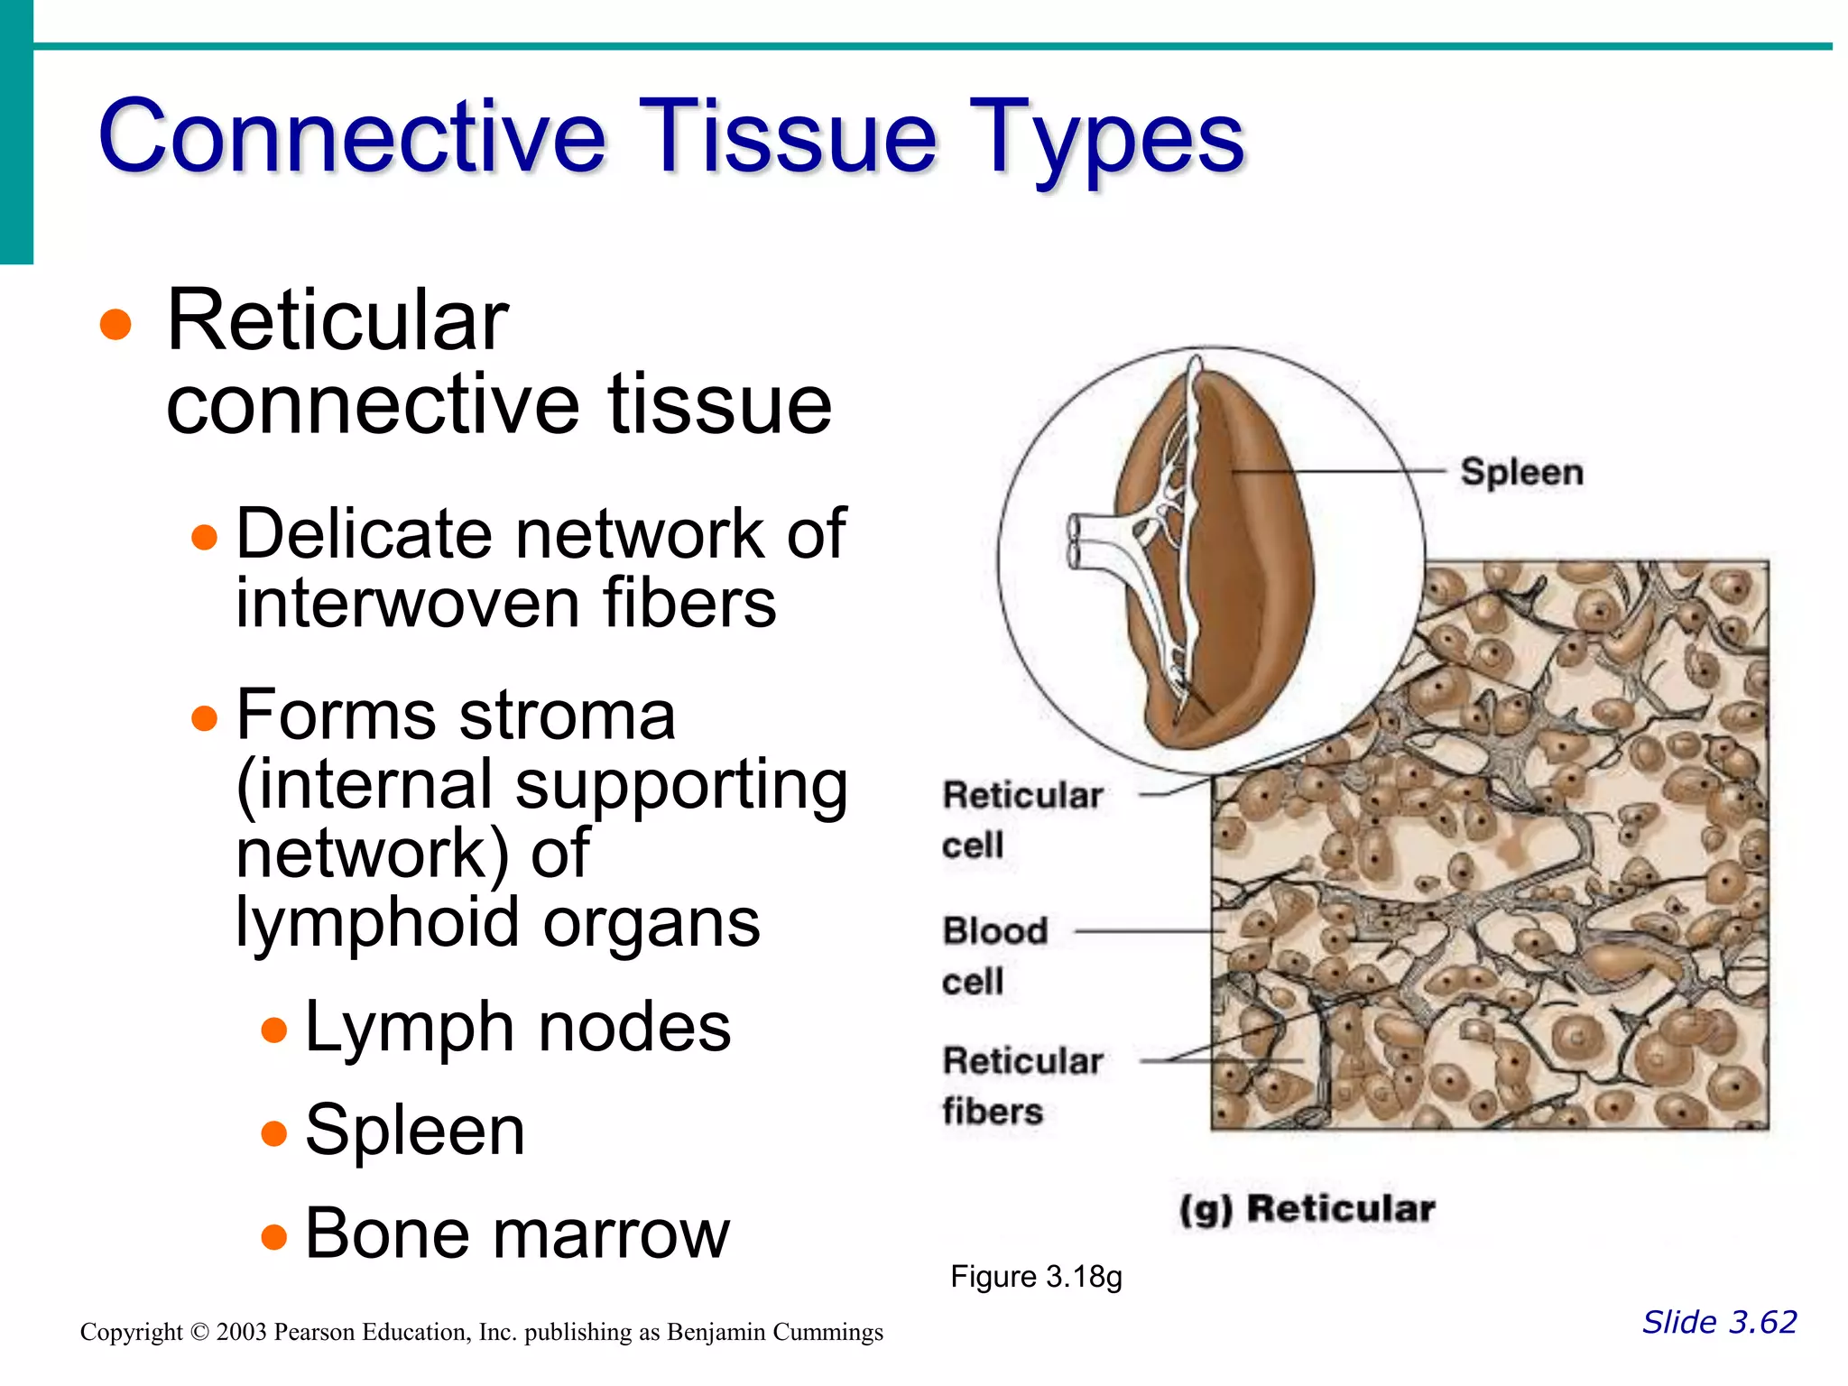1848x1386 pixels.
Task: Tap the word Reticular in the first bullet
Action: [x=337, y=321]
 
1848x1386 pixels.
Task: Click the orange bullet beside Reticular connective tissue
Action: [x=115, y=325]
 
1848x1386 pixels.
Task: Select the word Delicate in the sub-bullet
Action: [x=364, y=534]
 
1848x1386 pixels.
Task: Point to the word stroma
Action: [x=567, y=716]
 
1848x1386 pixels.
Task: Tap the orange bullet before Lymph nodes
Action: [x=273, y=1030]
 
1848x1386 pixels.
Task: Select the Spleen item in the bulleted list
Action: [x=415, y=1131]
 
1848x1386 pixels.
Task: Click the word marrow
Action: [x=606, y=1234]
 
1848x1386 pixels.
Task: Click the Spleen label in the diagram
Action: [x=1521, y=473]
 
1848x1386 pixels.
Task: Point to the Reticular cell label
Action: [x=1021, y=819]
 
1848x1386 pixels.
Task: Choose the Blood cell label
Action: [x=994, y=955]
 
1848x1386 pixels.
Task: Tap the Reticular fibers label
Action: [x=1021, y=1086]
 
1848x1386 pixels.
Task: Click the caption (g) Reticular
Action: [x=1307, y=1209]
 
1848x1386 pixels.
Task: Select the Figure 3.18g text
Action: [x=1036, y=1278]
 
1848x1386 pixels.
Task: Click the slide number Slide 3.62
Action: [x=1719, y=1323]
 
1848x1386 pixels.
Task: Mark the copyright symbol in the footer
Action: [x=199, y=1333]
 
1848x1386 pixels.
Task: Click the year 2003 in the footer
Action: [x=241, y=1333]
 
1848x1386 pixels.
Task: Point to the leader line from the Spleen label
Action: [x=1335, y=471]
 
